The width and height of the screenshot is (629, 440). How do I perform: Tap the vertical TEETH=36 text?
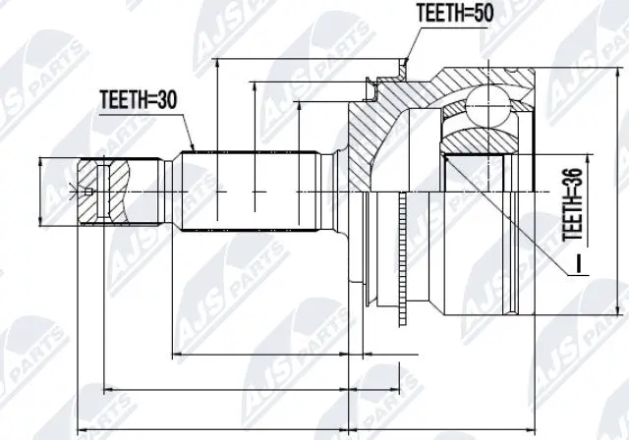pyautogui.click(x=569, y=202)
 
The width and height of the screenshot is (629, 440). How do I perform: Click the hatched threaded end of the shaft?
pyautogui.click(x=103, y=191)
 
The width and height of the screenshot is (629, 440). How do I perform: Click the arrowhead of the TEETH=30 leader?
pyautogui.click(x=194, y=149)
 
